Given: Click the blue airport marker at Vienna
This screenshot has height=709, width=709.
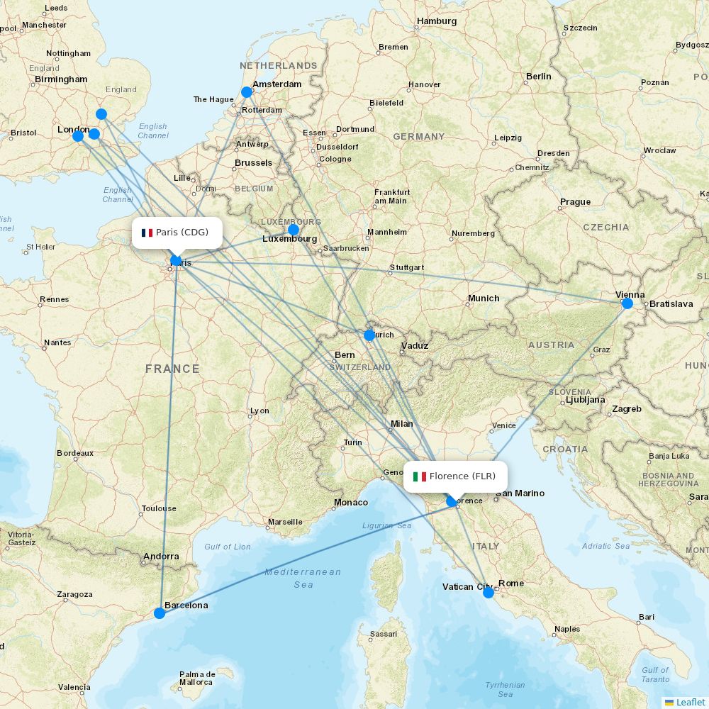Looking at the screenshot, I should point(627,303).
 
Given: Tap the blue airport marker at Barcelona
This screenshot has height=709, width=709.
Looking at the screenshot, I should point(160,613).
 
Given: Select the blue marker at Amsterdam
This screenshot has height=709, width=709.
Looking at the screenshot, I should point(247,92).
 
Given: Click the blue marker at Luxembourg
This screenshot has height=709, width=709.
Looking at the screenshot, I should point(294,230).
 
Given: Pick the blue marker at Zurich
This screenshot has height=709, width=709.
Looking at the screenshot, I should point(369,335).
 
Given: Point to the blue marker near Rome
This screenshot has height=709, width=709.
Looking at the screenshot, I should point(489,593).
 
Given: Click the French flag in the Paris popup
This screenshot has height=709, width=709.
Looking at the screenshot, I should point(147,233).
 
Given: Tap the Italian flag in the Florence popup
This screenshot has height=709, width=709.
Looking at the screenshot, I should point(419,476).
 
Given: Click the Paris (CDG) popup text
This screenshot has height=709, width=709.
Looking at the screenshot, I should point(182,233).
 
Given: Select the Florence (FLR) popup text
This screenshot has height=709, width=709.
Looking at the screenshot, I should point(462,476).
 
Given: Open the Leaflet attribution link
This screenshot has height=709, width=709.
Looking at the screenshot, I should point(690,702).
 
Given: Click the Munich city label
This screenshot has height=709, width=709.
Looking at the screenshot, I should point(484,298).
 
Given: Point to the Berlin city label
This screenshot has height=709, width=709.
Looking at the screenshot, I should point(538,77).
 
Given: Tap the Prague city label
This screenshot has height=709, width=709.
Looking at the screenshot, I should point(575,202).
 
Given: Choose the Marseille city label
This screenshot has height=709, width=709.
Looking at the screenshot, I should point(285,523).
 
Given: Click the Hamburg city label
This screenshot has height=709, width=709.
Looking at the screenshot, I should point(437,21).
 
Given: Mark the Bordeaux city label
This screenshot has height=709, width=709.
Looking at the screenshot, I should point(75,453).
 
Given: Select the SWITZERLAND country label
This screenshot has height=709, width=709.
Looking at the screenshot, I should point(359,367).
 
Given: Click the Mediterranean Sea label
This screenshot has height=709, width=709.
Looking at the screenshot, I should point(303,578).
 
